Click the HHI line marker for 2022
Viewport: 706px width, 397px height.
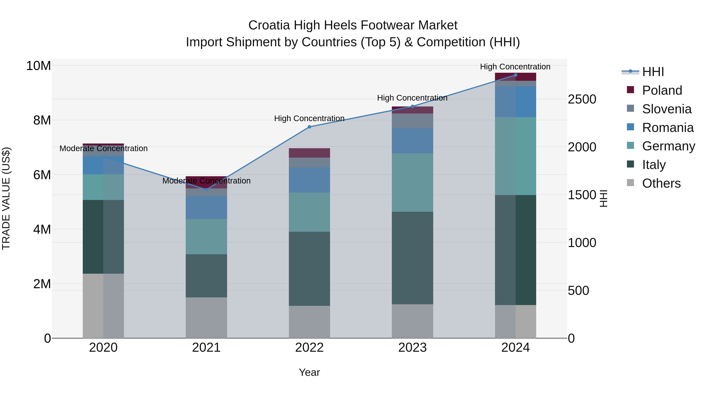click(x=309, y=127)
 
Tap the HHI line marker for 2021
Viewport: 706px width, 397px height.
click(x=206, y=190)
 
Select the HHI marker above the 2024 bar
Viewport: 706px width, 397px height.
click(x=515, y=75)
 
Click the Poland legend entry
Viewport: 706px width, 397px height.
click(x=662, y=90)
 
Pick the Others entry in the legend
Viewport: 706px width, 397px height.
click(x=661, y=183)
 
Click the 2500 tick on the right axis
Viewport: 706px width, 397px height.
click(x=582, y=99)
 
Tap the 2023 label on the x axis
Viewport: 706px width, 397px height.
click(x=412, y=348)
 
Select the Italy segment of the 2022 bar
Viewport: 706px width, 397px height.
click(x=309, y=269)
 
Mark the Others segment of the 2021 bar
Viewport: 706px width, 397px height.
click(x=206, y=318)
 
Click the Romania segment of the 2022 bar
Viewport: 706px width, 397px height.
click(x=309, y=180)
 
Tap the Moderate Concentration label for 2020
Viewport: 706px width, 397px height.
click(x=103, y=148)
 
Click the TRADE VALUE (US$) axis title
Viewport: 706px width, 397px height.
click(x=6, y=198)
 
